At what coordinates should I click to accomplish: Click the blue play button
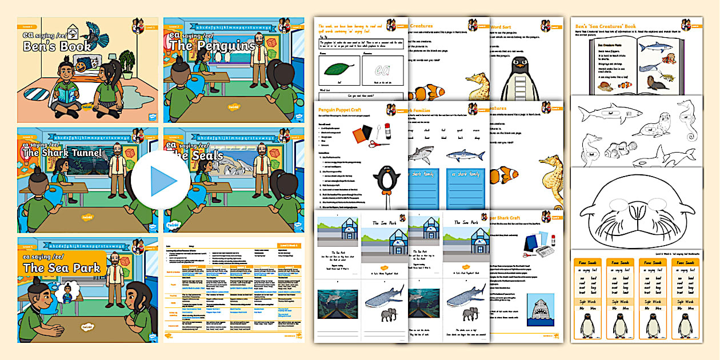(156, 181)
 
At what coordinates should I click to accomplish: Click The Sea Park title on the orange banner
(61, 267)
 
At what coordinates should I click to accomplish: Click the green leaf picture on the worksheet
(338, 69)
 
